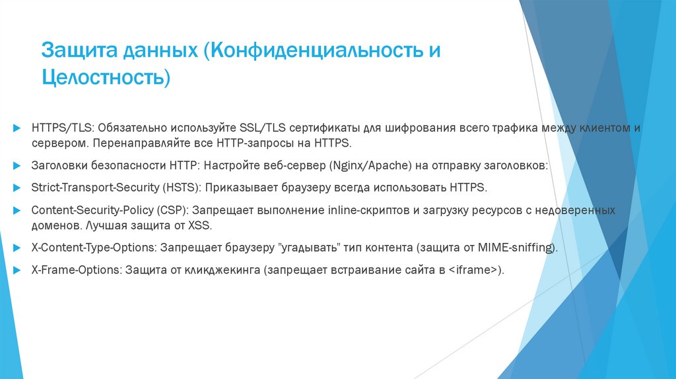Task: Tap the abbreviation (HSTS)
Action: pyautogui.click(x=179, y=188)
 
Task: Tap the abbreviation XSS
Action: pyautogui.click(x=215, y=226)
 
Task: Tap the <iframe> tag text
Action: pyautogui.click(x=472, y=271)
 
